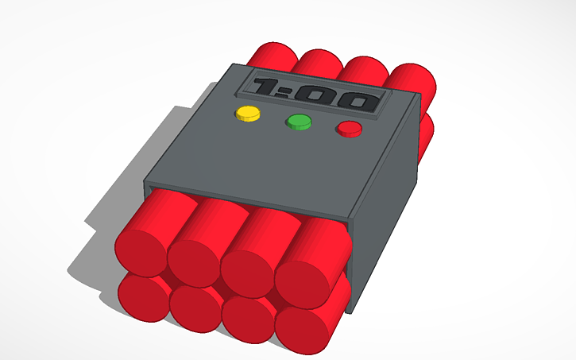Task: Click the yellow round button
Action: click(x=248, y=113)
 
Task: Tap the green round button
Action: click(x=299, y=122)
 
